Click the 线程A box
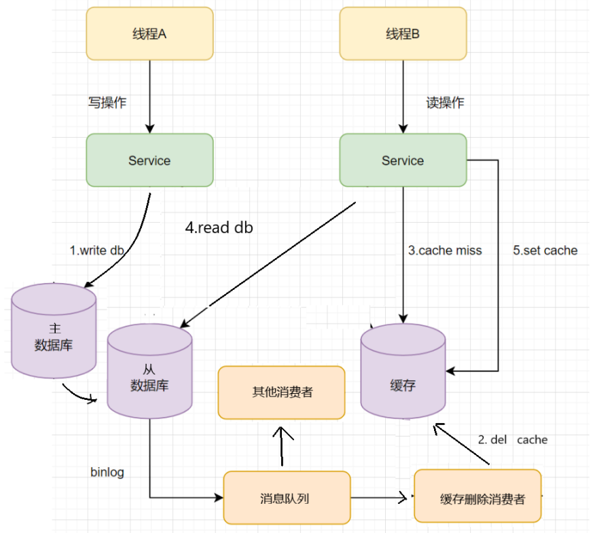149,33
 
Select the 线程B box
403,33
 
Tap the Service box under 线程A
149,160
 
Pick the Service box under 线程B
403,160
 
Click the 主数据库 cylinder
54,331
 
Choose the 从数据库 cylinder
149,371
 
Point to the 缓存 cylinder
403,371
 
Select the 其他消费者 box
282,392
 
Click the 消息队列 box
287,498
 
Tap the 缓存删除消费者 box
477,496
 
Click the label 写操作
107,103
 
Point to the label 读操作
445,103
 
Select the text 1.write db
97,251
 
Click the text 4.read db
219,227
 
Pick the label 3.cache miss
445,251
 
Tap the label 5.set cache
545,251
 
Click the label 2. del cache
513,440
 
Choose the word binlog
107,473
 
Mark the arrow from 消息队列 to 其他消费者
282,446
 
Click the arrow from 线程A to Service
150,96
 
